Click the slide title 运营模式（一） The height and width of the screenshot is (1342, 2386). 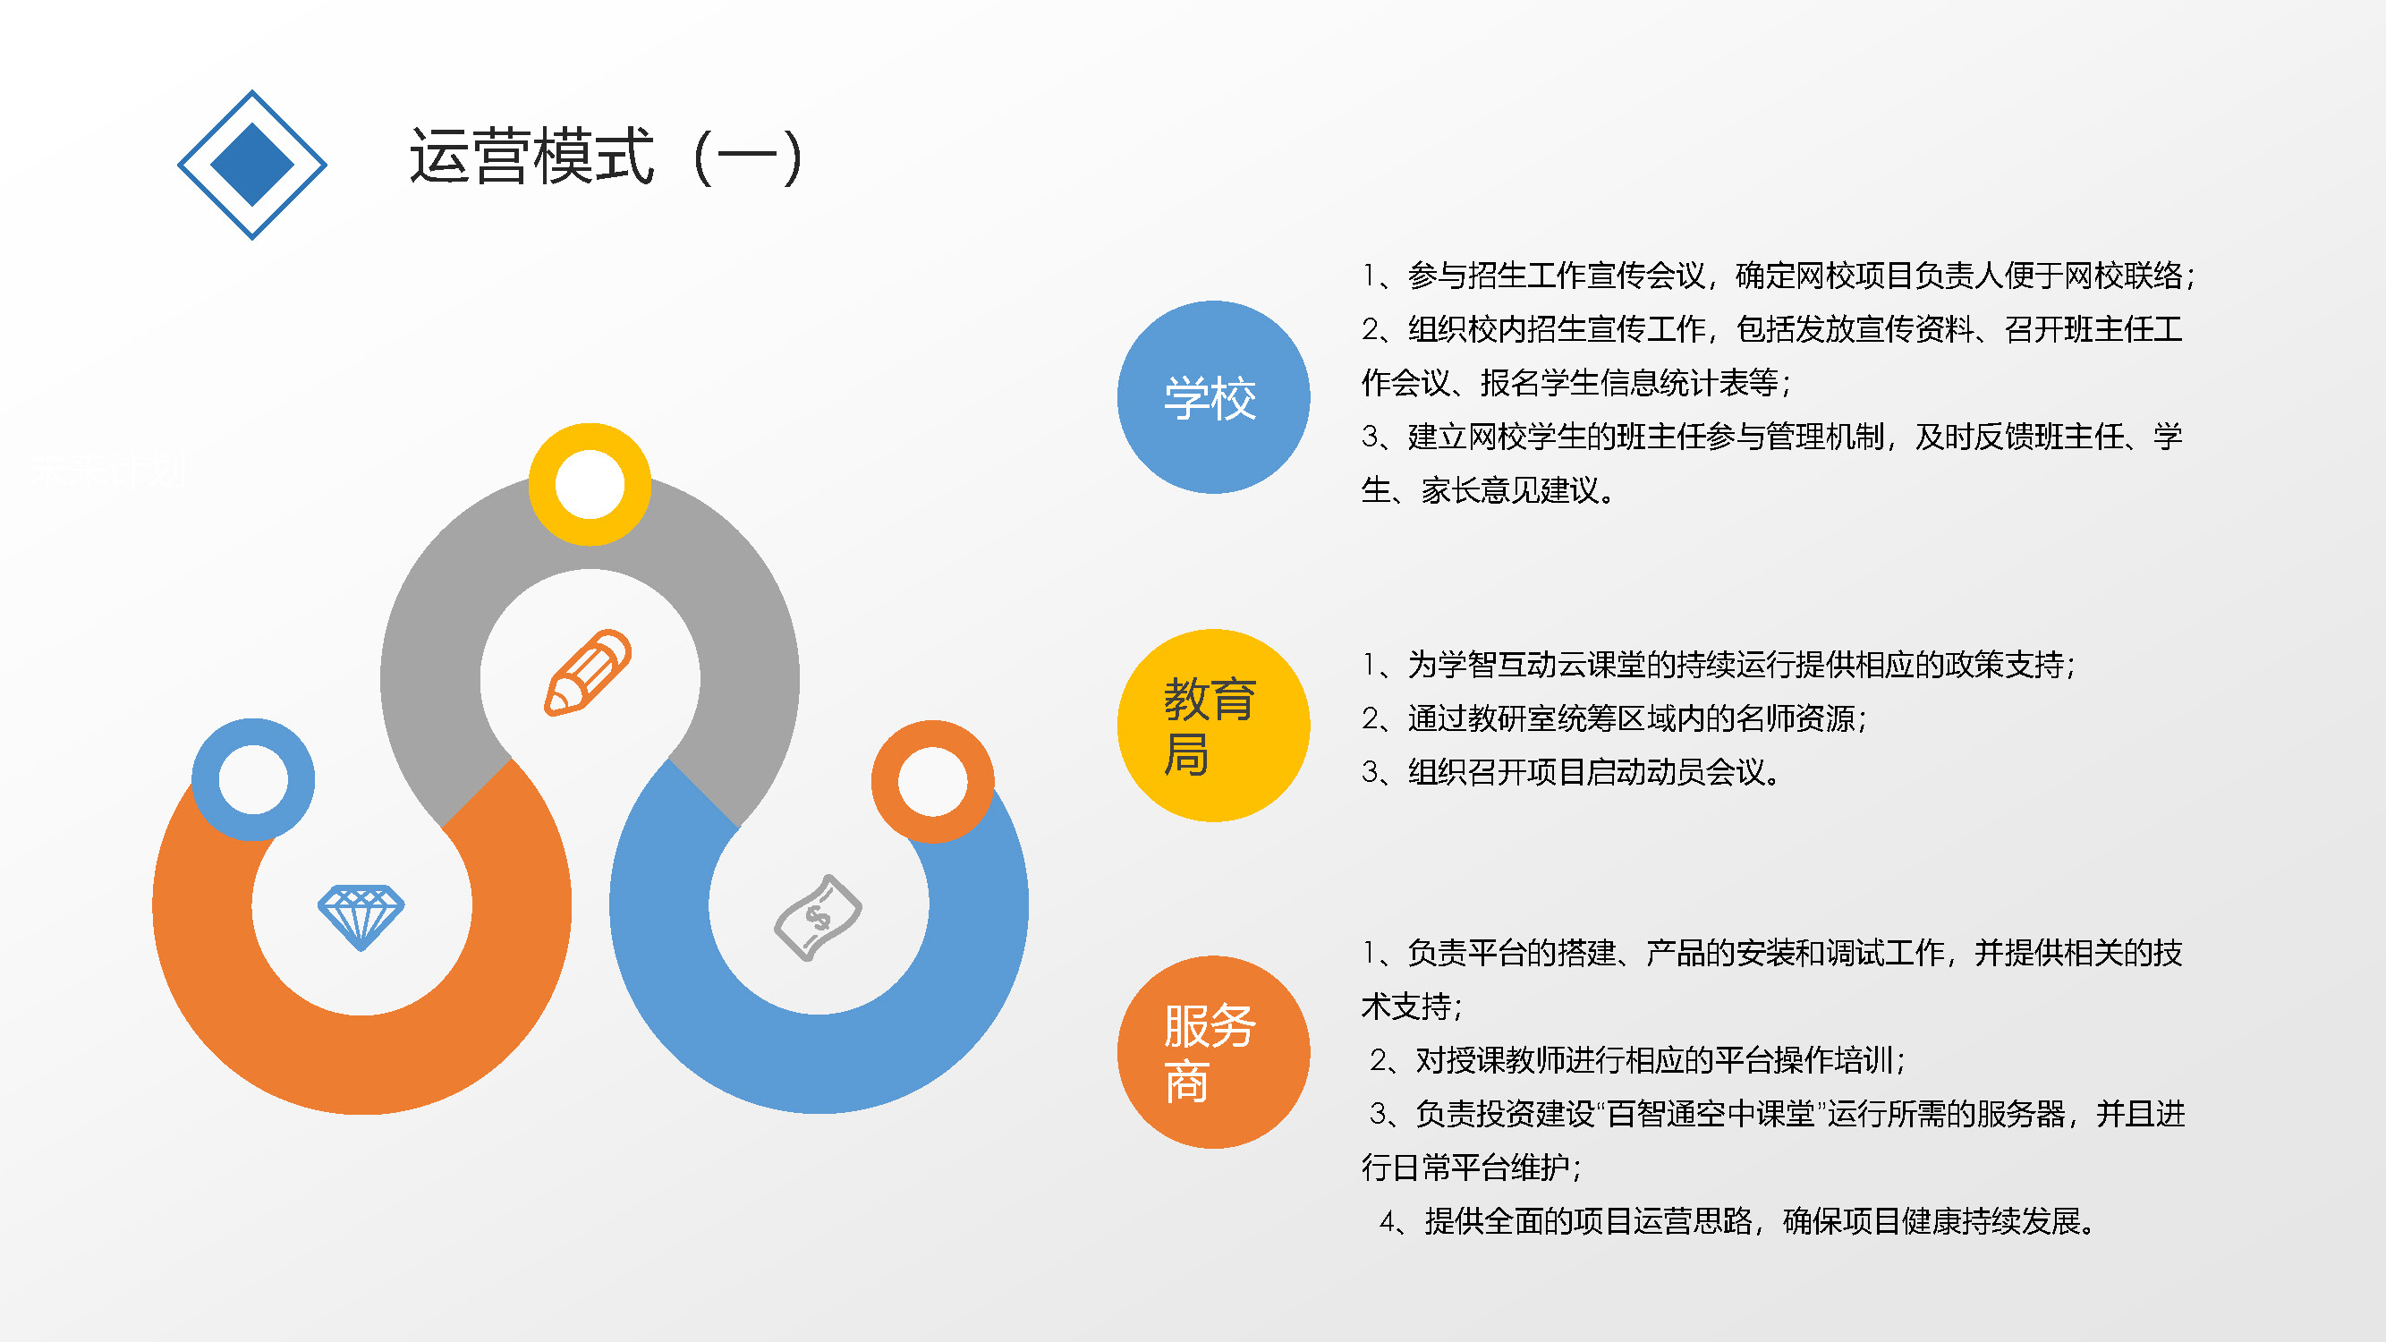click(x=606, y=156)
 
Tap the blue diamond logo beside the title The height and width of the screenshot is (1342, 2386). click(x=252, y=165)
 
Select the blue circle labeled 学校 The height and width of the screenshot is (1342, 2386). click(x=1213, y=396)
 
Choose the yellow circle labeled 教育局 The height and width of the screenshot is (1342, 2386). click(x=1213, y=726)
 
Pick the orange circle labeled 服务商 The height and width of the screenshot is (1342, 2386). click(x=1213, y=1052)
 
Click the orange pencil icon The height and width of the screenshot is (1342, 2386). click(x=587, y=673)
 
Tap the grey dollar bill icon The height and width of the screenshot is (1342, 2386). click(x=818, y=917)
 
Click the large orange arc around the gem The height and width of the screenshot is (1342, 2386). click(x=361, y=1065)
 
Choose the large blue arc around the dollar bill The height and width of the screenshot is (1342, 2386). click(x=818, y=1065)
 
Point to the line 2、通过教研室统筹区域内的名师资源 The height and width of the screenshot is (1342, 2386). click(x=1615, y=718)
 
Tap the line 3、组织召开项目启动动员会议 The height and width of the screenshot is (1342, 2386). click(x=1572, y=771)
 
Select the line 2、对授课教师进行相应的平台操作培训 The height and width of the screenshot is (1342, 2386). click(x=1636, y=1059)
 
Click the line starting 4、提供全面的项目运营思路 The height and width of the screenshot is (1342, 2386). click(x=1738, y=1220)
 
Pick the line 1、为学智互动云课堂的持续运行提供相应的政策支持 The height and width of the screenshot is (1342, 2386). click(x=1719, y=664)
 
